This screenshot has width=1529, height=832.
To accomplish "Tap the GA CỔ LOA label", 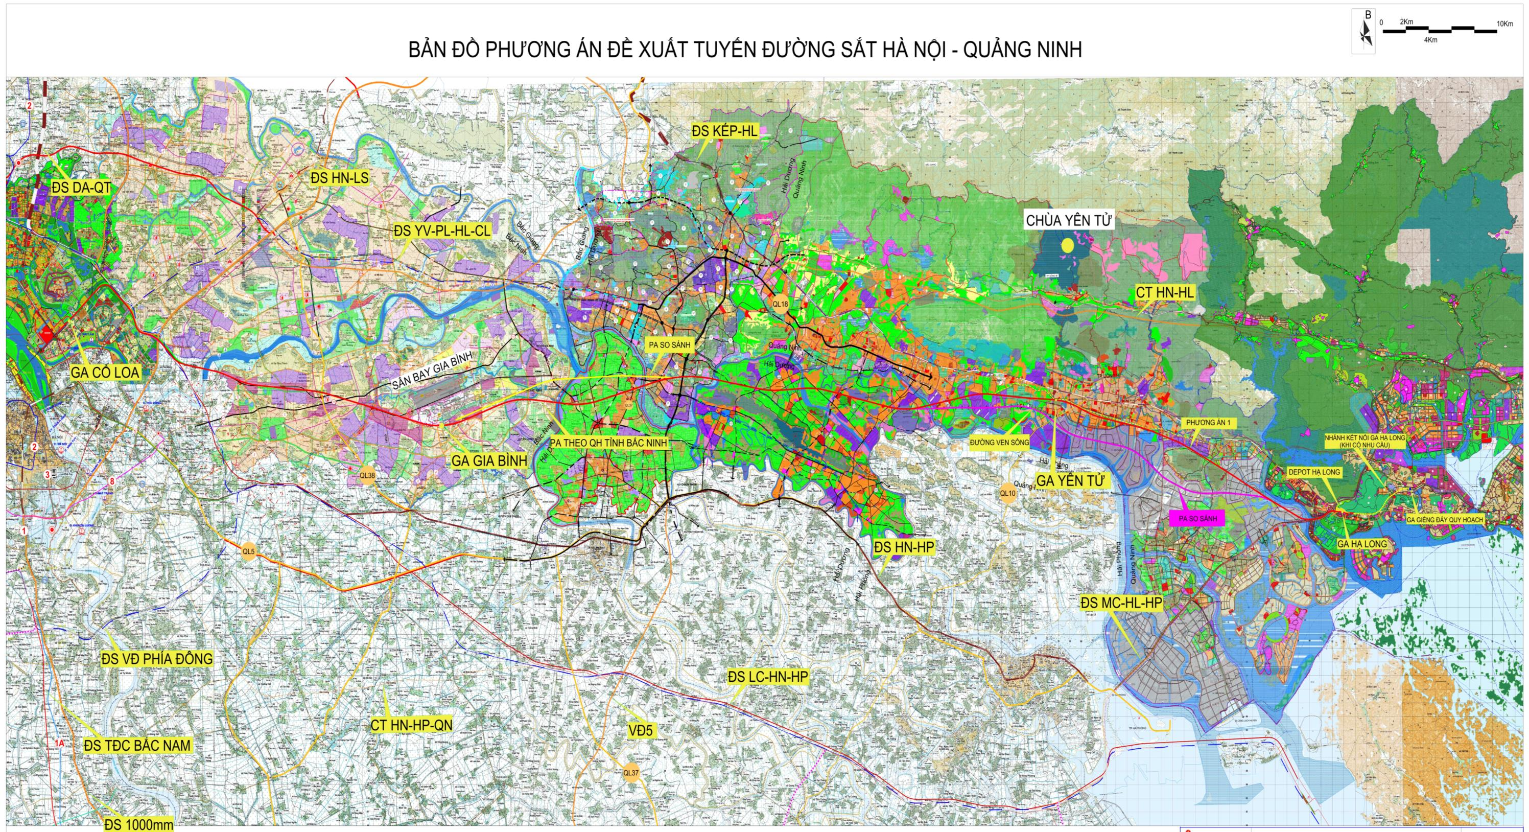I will coord(105,373).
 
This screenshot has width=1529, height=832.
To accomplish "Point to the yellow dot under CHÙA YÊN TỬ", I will coord(1067,245).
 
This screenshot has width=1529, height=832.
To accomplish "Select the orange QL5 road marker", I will coord(248,552).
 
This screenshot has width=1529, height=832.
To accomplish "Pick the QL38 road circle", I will coord(367,475).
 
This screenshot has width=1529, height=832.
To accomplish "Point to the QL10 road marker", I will coord(1007,493).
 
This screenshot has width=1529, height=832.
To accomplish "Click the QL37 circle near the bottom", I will coord(631,773).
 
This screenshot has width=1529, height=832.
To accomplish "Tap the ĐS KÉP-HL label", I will coord(725,131).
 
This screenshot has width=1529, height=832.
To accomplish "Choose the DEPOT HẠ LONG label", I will coord(1313,472).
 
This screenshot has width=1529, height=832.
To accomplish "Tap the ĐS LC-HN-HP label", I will coord(768,677).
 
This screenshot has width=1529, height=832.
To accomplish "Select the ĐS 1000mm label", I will coord(138,825).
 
